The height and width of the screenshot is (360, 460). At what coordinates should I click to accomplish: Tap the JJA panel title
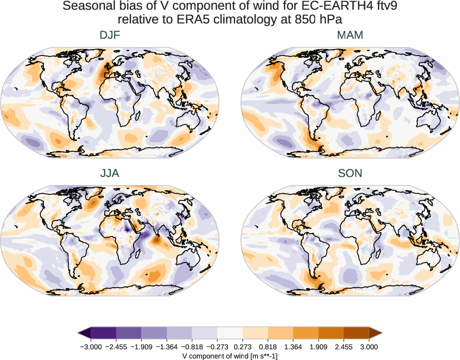coord(110,173)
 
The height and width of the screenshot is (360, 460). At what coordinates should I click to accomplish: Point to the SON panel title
coord(350,173)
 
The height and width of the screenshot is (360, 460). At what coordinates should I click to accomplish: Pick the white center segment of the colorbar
coord(230,333)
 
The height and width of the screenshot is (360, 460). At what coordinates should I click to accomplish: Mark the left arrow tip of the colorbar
coord(79,333)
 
